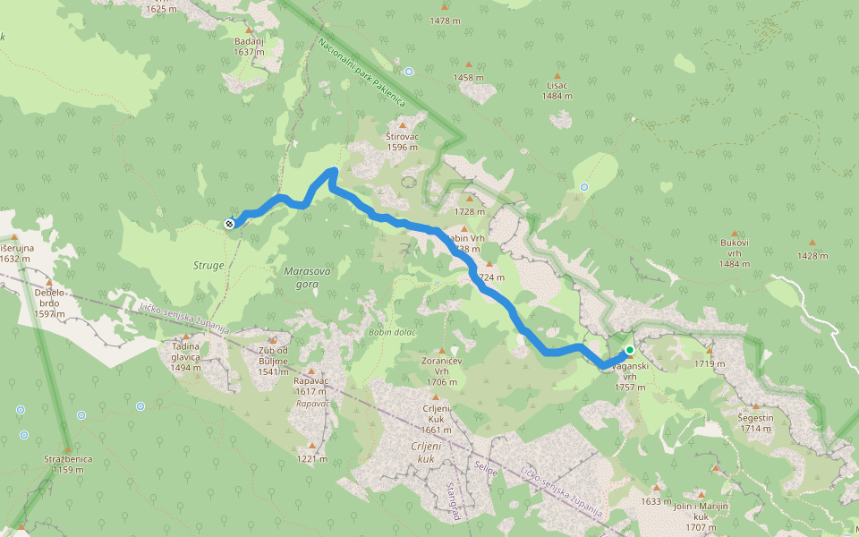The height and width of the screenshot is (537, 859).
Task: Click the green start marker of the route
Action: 630,350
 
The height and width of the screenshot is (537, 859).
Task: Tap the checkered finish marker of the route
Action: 230,224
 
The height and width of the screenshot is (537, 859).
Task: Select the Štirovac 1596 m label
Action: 402,141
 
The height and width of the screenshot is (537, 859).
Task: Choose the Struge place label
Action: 208,266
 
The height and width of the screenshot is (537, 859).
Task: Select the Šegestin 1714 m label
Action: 755,422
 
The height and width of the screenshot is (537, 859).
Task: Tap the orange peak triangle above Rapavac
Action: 311,371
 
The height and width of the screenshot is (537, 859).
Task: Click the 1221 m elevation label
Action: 311,459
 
